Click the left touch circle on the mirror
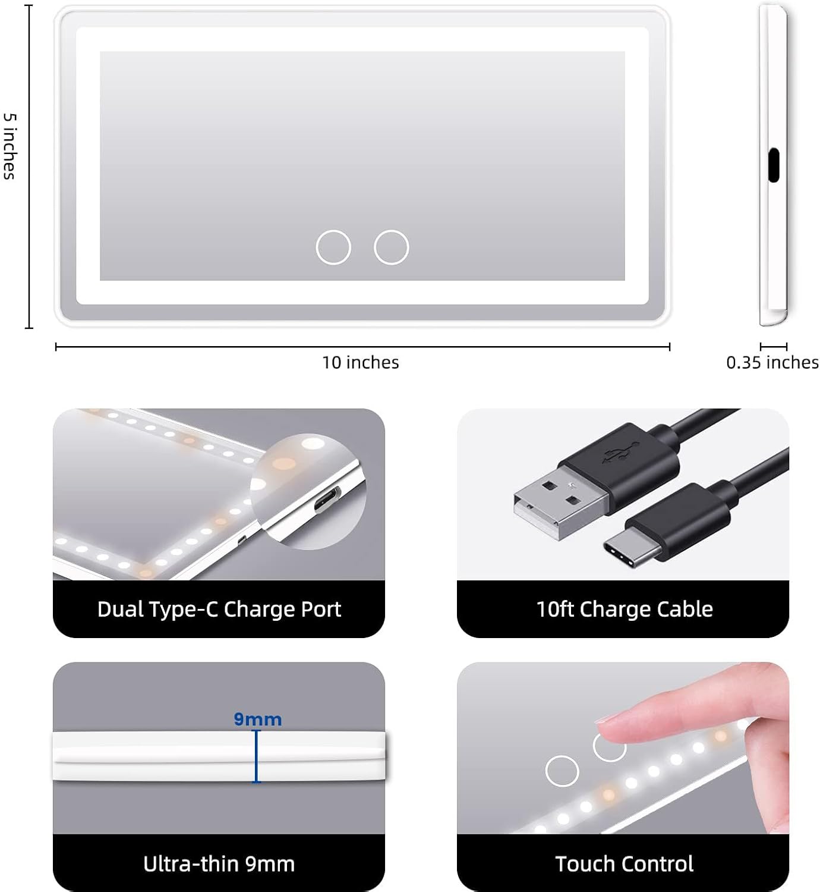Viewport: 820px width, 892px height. click(333, 247)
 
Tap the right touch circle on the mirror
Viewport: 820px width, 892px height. click(392, 247)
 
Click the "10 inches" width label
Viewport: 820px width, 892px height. click(361, 362)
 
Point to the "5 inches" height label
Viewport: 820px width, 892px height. click(10, 146)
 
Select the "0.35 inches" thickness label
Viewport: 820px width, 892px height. click(772, 362)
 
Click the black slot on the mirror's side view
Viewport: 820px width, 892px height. click(773, 166)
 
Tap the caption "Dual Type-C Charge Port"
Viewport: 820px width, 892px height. click(219, 609)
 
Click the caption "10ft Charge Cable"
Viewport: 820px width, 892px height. click(625, 609)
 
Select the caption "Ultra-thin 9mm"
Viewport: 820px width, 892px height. click(219, 863)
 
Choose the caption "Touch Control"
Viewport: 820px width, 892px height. click(625, 863)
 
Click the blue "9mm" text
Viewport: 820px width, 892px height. click(257, 720)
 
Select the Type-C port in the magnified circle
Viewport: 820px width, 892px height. click(327, 499)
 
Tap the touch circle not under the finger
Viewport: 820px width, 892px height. click(562, 771)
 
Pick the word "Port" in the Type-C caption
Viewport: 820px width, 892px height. click(320, 609)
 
